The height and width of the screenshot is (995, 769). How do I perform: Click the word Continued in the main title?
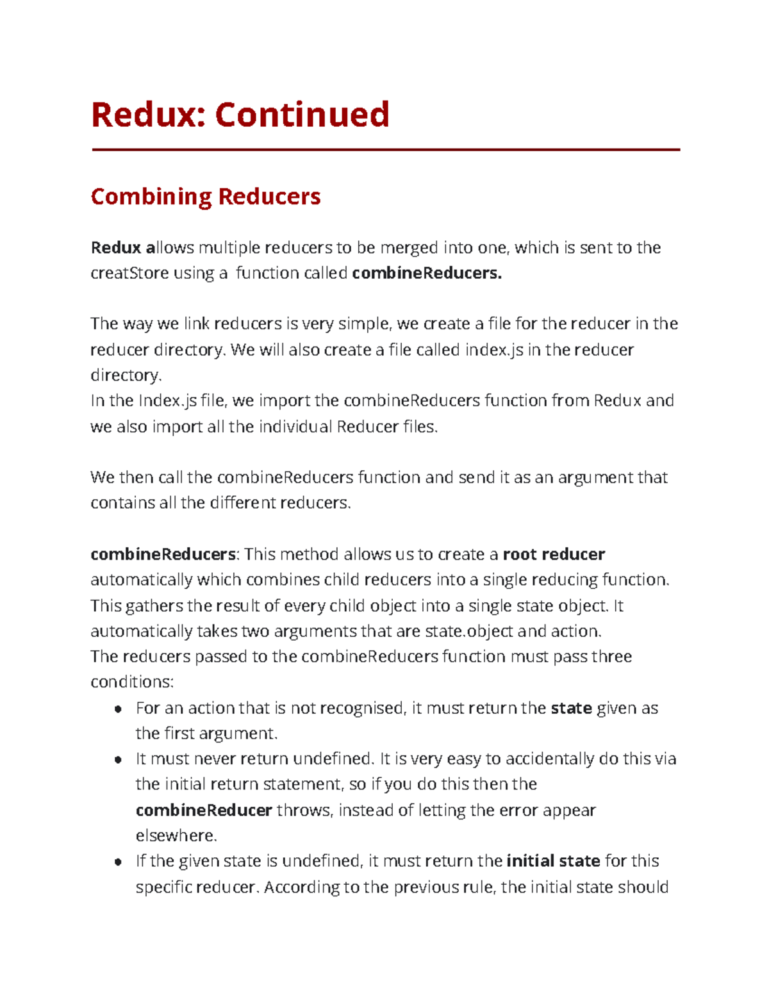pos(302,115)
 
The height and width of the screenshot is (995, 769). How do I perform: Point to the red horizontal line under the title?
pos(385,150)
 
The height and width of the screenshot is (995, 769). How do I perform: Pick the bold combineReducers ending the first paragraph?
pos(427,274)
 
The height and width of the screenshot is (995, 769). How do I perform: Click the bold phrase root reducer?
pos(554,554)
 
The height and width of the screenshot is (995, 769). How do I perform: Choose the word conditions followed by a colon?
pos(131,682)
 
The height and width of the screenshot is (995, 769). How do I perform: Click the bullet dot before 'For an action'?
pos(117,709)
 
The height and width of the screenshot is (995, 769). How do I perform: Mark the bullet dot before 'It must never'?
pos(117,760)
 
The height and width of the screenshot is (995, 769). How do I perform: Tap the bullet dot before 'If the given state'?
pos(117,862)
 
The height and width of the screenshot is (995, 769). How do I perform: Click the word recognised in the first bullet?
pos(362,708)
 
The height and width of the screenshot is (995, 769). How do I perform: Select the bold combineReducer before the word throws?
pos(204,810)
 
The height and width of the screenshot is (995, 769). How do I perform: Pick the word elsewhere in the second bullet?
pos(176,836)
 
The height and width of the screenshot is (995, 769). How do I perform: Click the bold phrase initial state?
pos(553,861)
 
